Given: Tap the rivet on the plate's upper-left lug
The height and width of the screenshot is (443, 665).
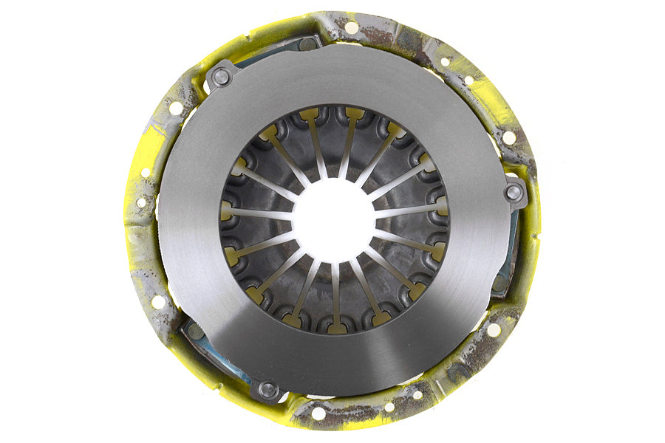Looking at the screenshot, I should pos(219,75).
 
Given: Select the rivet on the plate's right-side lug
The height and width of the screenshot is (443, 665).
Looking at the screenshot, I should pos(514,192).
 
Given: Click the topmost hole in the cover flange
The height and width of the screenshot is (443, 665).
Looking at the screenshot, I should pos(351,27).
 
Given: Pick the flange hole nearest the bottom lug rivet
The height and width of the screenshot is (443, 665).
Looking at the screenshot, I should pos(318,413).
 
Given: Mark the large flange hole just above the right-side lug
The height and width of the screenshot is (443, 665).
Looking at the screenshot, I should pos(509,137).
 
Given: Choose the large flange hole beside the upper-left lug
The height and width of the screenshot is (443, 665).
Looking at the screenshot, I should pos(176,108).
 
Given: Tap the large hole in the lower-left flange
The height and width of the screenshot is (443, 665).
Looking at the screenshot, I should pos(158,301).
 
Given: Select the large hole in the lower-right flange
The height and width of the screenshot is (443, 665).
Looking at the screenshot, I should pos(493,330).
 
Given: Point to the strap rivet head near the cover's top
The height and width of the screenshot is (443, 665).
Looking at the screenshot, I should pos(307,44).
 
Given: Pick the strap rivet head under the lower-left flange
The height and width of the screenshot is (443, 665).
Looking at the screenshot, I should pos(194,332).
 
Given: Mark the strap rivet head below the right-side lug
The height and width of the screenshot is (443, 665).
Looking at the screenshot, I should pos(502,281).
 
